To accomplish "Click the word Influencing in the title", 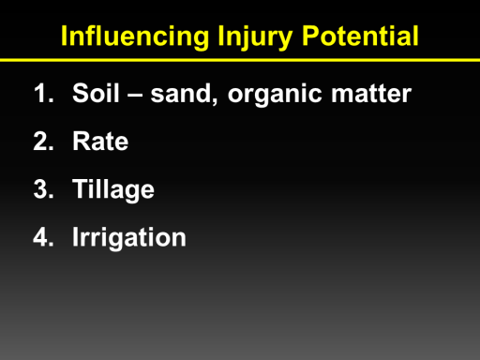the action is [135, 36].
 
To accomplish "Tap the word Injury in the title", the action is [255, 37].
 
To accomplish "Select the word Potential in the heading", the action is [360, 36].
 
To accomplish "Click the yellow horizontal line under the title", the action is [240, 60].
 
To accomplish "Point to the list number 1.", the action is [43, 93].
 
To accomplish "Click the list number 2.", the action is [43, 141].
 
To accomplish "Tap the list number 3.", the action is [43, 188].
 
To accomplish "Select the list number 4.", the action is [43, 237].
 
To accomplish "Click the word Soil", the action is [96, 93].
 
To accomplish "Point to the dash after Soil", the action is [135, 95].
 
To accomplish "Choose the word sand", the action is [181, 93].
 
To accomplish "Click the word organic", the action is [275, 96].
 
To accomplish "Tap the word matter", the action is [371, 94].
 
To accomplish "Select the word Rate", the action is [100, 141].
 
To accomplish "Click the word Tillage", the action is [113, 190].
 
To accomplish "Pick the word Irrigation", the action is [129, 238].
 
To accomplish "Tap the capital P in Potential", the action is [310, 36].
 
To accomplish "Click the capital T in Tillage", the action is [81, 188].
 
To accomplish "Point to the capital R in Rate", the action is [82, 141].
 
